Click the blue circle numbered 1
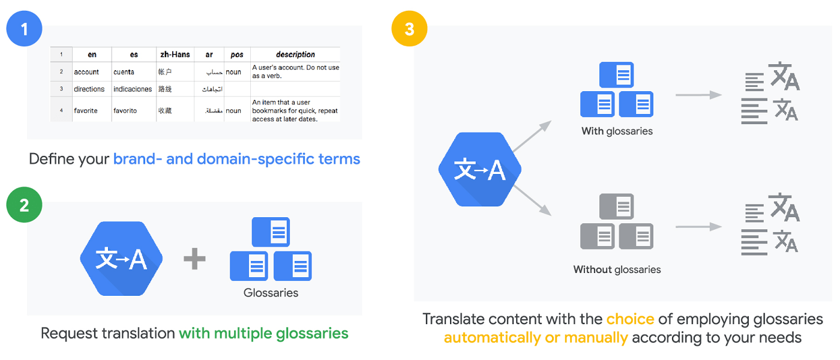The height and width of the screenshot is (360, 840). click(x=24, y=28)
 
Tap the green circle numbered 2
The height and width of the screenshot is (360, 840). click(x=24, y=205)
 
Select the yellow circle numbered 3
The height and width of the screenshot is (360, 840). click(x=409, y=28)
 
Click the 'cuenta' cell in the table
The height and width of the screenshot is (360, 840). click(x=124, y=72)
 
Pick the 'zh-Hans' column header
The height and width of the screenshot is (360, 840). click(x=175, y=55)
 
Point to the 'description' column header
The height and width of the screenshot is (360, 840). click(x=295, y=55)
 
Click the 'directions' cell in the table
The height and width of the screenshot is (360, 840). click(x=89, y=89)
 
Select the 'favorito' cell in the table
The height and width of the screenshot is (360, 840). click(x=125, y=110)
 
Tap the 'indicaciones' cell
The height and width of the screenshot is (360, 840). click(x=133, y=89)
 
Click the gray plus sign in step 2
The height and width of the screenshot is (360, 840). click(x=194, y=259)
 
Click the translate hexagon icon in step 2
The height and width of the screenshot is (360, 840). click(x=122, y=259)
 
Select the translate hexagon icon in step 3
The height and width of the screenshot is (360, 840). click(x=479, y=170)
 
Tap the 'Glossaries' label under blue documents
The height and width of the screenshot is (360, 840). click(x=271, y=293)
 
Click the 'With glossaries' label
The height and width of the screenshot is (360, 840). click(x=617, y=131)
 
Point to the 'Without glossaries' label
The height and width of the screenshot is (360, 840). click(x=617, y=269)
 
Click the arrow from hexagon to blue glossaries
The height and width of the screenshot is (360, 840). click(x=532, y=136)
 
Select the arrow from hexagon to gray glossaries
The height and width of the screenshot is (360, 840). click(x=532, y=200)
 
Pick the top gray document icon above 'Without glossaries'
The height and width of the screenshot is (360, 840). click(x=617, y=206)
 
